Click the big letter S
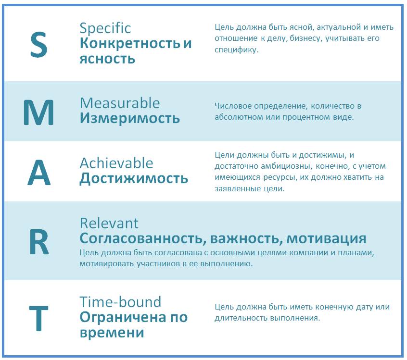coord(39,45)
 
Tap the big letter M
coord(38,112)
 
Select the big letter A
coord(39,173)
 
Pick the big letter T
coord(38,318)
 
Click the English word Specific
coord(105,28)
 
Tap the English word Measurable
coord(120,103)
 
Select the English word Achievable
coord(116,163)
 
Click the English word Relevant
coord(109,223)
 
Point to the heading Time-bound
coord(120,302)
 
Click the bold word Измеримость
coord(130,118)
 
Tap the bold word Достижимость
coord(134,179)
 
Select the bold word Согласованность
coord(143,238)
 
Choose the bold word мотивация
coord(326,239)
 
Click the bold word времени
coord(112,333)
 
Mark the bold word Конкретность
coord(130,43)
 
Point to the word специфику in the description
coord(237,50)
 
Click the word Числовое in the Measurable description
coord(233,106)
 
